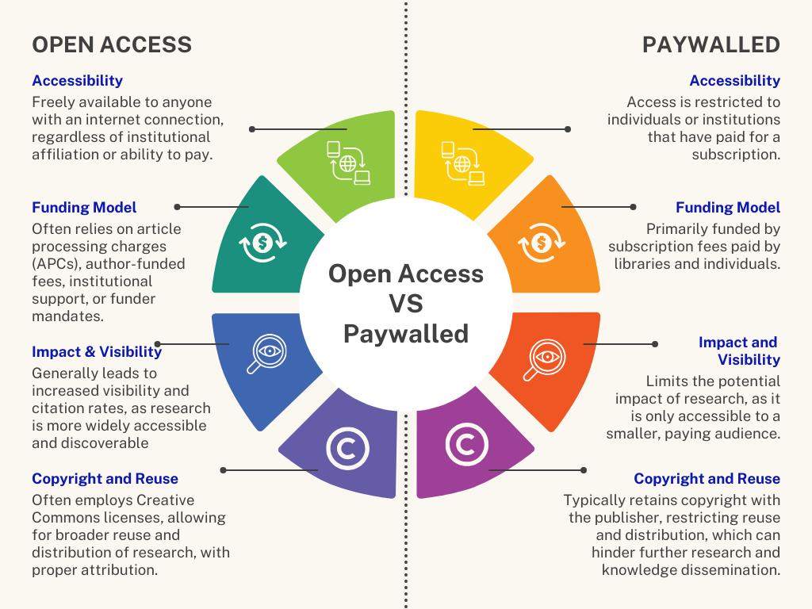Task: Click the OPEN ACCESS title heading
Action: [x=112, y=44]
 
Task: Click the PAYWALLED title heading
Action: [x=711, y=44]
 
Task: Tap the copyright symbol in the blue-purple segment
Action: [x=347, y=449]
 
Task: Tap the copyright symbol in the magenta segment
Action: [x=466, y=444]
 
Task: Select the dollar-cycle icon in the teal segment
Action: [x=262, y=243]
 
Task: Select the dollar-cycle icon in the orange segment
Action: [x=542, y=243]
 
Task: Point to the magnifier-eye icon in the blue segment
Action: [x=266, y=354]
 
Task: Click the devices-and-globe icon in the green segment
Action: [x=349, y=163]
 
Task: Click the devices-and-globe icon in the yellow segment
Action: [x=462, y=163]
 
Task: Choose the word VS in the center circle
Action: [x=406, y=304]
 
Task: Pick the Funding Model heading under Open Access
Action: [x=84, y=207]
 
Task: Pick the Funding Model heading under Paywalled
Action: [x=728, y=207]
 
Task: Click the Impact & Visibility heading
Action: [x=97, y=351]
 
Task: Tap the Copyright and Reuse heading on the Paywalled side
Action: [x=707, y=478]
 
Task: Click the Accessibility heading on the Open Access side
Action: [x=77, y=80]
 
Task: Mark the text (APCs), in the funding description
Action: [x=56, y=264]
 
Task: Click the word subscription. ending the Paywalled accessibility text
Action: [x=736, y=155]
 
